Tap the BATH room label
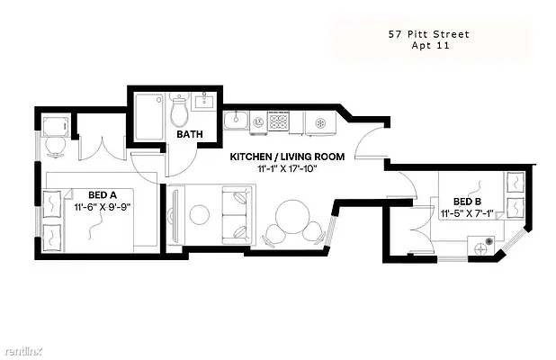click(x=189, y=134)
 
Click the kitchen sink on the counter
click(x=238, y=119)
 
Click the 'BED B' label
click(x=468, y=202)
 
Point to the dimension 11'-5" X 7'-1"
click(x=468, y=214)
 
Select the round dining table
click(x=293, y=217)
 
